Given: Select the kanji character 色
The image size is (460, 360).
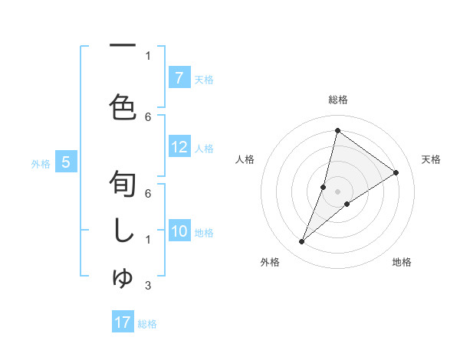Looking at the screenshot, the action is pyautogui.click(x=123, y=108).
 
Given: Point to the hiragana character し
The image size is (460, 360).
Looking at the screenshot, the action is pyautogui.click(x=123, y=231).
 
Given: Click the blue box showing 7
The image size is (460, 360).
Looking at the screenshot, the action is pyautogui.click(x=179, y=77).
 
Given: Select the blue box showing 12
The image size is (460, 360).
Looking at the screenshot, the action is pyautogui.click(x=179, y=148).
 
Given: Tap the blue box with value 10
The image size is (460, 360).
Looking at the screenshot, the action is pyautogui.click(x=179, y=231).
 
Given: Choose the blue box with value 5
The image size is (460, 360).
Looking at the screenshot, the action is pyautogui.click(x=66, y=162).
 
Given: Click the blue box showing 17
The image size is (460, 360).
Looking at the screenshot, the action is pyautogui.click(x=123, y=322).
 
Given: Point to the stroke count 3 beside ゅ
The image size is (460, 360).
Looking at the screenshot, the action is pyautogui.click(x=148, y=286).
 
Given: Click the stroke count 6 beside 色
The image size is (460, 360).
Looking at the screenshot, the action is pyautogui.click(x=148, y=116).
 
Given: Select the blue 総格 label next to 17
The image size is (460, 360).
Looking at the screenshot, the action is pyautogui.click(x=147, y=323).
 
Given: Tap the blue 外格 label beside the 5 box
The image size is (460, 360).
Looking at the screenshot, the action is pyautogui.click(x=41, y=163).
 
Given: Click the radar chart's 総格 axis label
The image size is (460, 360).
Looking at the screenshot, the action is pyautogui.click(x=337, y=100).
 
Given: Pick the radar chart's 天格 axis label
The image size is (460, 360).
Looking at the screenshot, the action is pyautogui.click(x=432, y=159).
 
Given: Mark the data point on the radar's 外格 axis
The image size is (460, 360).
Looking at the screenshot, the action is pyautogui.click(x=302, y=242).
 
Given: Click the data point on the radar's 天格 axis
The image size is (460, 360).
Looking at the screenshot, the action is pyautogui.click(x=396, y=172).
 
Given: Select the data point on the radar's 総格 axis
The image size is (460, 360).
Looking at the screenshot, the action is pyautogui.click(x=337, y=130).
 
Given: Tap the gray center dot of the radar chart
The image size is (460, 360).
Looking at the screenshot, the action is pyautogui.click(x=337, y=191).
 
